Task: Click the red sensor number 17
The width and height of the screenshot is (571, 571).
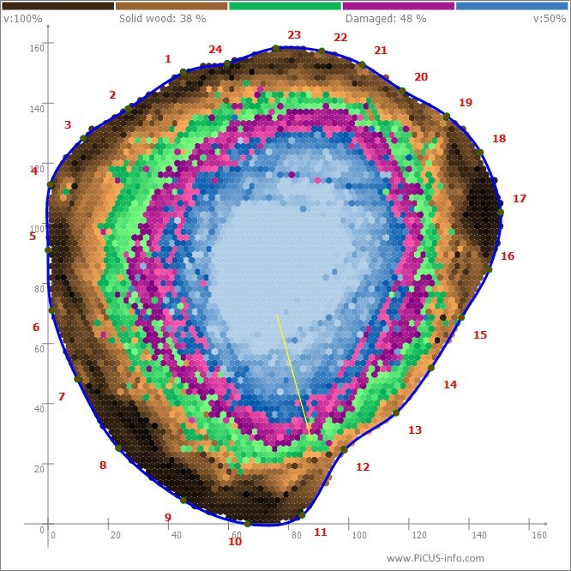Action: pos(520,198)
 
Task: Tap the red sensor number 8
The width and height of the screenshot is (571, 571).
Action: pos(103,465)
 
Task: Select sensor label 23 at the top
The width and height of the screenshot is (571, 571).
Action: pos(294,34)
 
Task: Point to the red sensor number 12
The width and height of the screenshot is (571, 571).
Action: pos(363,467)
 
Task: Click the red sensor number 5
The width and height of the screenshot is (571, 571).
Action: pos(33,237)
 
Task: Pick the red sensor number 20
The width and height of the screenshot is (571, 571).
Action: pos(421,77)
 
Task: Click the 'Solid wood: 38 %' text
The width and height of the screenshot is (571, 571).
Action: pos(162,19)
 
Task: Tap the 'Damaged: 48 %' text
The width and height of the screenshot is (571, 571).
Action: pos(386,19)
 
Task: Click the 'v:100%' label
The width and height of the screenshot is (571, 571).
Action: pos(22,19)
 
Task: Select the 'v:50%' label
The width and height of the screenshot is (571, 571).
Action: pos(550,19)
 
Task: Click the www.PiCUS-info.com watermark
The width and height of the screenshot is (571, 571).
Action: pos(436,558)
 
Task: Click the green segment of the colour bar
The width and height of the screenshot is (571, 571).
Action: pos(285,6)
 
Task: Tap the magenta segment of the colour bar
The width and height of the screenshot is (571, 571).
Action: pos(399,6)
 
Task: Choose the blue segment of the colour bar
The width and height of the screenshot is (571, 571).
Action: pos(512,6)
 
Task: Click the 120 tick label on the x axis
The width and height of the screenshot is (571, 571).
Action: pos(419,535)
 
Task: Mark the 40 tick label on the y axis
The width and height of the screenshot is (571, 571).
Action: pos(39,409)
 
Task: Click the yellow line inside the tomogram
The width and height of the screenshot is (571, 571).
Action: pos(294,377)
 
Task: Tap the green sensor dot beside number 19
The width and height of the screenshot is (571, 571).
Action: pos(447,117)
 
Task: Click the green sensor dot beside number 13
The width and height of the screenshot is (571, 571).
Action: pos(396,413)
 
